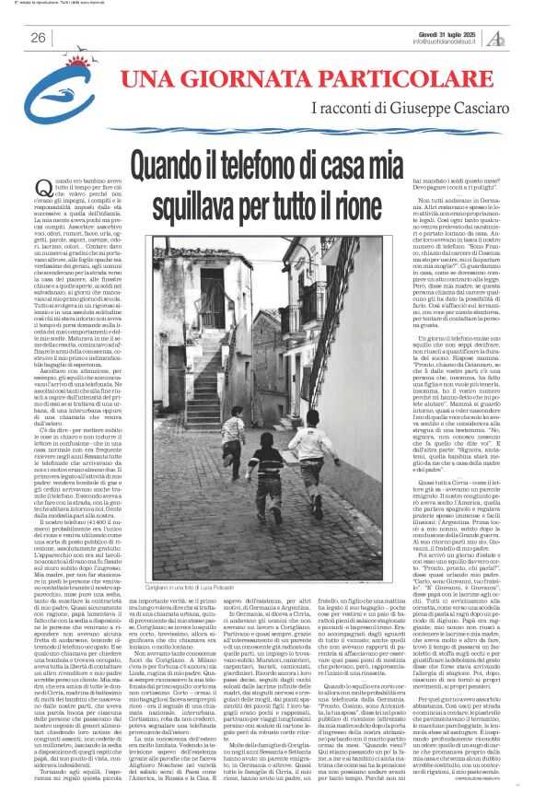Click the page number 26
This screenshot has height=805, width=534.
pos(38,37)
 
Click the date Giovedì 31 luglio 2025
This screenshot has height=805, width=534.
pos(435,31)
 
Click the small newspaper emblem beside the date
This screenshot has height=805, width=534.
pos(496,37)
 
